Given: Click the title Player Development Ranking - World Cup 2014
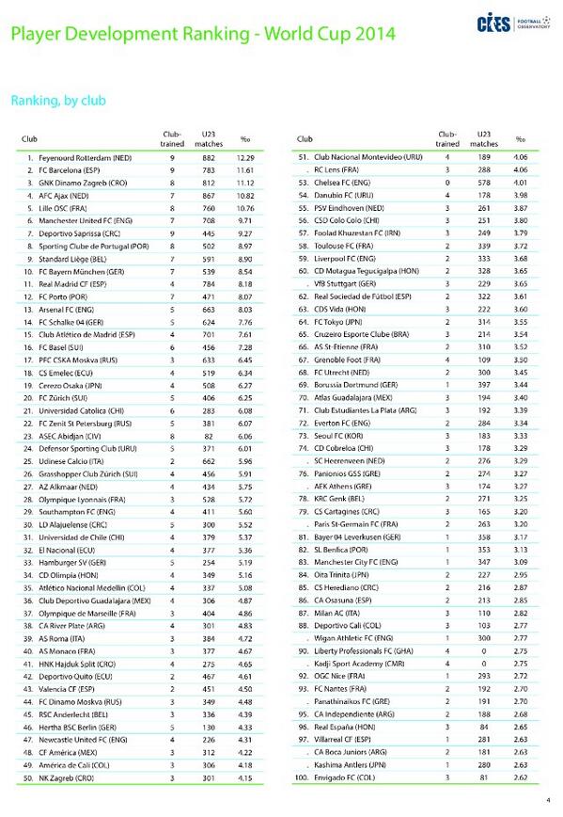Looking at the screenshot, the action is pyautogui.click(x=202, y=35).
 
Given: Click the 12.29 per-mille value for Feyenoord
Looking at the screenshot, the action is pyautogui.click(x=245, y=158).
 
